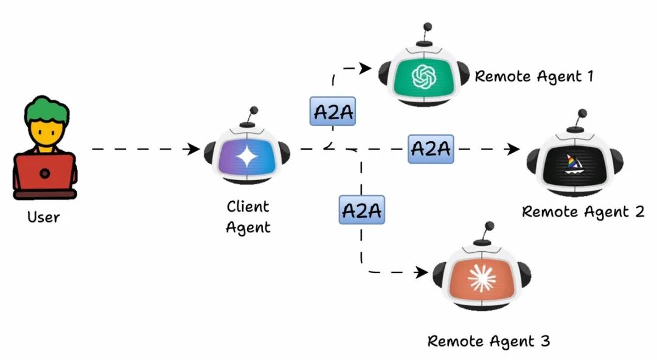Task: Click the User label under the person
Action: click(43, 216)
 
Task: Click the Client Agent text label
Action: click(248, 217)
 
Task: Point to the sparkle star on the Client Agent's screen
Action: click(247, 157)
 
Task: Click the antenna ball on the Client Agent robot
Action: click(254, 111)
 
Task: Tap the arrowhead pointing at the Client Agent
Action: click(195, 149)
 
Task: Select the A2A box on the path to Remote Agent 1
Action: click(332, 111)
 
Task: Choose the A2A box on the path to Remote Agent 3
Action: click(361, 210)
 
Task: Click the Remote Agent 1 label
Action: click(533, 77)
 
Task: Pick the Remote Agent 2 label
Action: click(583, 212)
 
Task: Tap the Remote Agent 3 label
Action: click(488, 341)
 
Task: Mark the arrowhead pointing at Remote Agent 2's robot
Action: click(515, 149)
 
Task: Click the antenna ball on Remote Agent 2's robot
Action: click(582, 113)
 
